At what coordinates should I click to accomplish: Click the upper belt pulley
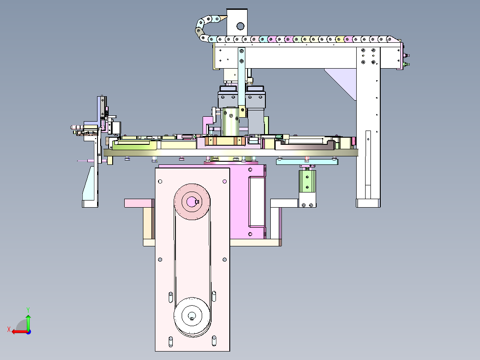click(x=192, y=201)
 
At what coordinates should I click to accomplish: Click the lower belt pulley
click(x=192, y=315)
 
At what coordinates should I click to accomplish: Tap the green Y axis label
click(x=28, y=310)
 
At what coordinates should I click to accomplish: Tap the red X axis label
click(x=9, y=330)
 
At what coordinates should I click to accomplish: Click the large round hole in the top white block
click(x=240, y=26)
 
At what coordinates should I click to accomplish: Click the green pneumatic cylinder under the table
click(x=307, y=181)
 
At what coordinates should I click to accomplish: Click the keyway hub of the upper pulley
click(x=192, y=201)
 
